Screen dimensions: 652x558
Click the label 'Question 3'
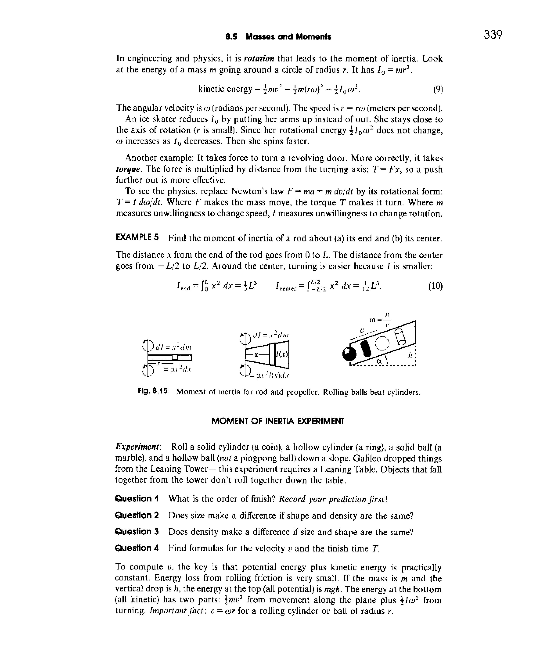coord(137,532)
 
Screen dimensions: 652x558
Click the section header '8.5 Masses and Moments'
coord(278,37)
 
